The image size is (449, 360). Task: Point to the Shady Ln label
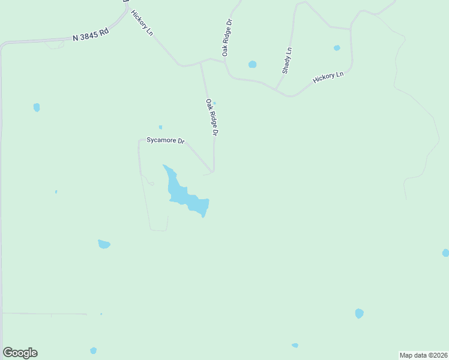click(x=288, y=60)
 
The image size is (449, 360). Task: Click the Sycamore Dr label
click(x=165, y=140)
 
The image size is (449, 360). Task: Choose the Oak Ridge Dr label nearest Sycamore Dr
click(x=211, y=117)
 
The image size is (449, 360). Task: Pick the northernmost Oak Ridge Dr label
click(x=228, y=37)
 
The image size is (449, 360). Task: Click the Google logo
click(x=20, y=353)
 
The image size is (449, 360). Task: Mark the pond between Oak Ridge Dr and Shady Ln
click(x=252, y=64)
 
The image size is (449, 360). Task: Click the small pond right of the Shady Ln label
click(x=337, y=48)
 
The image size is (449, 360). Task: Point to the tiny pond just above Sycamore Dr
click(x=160, y=127)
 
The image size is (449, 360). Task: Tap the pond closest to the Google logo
click(x=93, y=350)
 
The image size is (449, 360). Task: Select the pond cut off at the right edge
click(x=445, y=253)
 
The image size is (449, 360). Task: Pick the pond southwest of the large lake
click(x=104, y=244)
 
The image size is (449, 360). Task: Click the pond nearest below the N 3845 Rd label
click(x=37, y=107)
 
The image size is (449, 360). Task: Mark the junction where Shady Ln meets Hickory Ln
click(x=276, y=90)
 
